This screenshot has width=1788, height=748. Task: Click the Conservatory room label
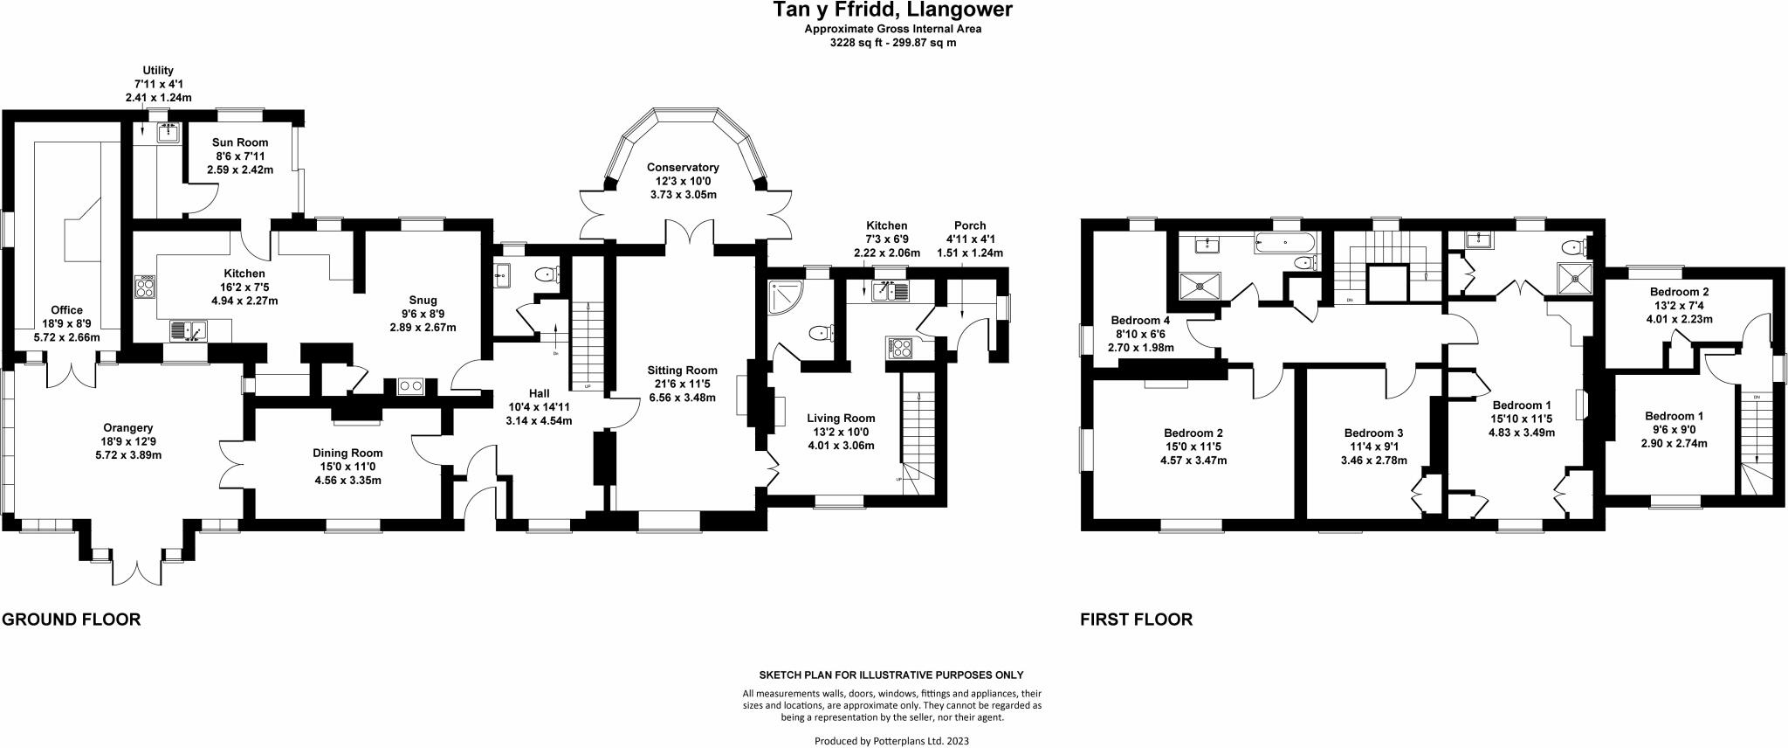click(x=683, y=167)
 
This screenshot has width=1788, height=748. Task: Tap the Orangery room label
click(x=127, y=427)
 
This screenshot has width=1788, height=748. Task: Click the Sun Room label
click(x=240, y=142)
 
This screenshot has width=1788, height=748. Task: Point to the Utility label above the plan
click(x=158, y=71)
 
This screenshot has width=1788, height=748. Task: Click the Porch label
click(x=969, y=225)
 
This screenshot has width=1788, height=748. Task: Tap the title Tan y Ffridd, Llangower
click(x=892, y=10)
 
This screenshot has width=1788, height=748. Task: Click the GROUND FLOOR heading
click(x=71, y=620)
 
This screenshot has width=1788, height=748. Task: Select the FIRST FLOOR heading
click(x=1136, y=620)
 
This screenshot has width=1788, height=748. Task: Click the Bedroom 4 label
click(x=1140, y=320)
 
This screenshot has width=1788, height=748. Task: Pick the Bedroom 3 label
click(x=1373, y=433)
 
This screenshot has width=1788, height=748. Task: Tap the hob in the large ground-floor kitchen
click(x=144, y=286)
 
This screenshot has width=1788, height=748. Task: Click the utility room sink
click(x=167, y=133)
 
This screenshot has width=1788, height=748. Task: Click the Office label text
click(x=66, y=310)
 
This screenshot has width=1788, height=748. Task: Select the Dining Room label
click(x=347, y=453)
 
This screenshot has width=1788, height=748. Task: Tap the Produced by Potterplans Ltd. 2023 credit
click(x=891, y=740)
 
